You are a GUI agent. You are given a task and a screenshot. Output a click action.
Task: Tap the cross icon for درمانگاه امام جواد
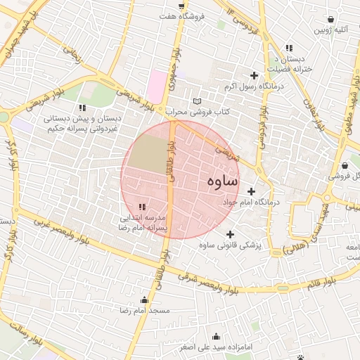click(251, 191)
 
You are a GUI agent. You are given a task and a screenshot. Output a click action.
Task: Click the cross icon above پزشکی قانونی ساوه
click(230, 234)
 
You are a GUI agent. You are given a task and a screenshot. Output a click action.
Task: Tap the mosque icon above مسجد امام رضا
click(145, 300)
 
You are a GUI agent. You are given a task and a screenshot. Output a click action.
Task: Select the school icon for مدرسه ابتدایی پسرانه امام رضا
click(142, 207)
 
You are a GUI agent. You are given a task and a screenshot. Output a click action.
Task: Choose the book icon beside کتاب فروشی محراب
click(196, 102)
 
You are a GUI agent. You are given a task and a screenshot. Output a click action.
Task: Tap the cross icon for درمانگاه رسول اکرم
click(253, 75)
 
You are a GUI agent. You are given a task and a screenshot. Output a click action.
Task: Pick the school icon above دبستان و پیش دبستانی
click(82, 108)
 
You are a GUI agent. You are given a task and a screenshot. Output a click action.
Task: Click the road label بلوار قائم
click(321, 284)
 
